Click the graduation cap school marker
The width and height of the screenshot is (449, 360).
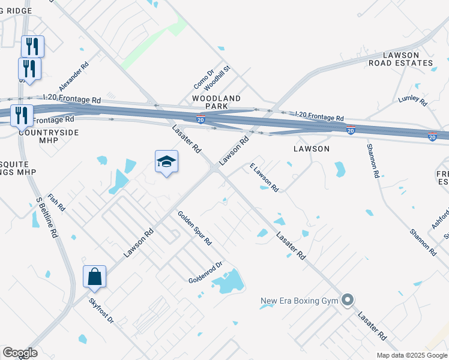pyautogui.click(x=166, y=161)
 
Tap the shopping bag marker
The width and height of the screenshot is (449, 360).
pyautogui.click(x=94, y=277)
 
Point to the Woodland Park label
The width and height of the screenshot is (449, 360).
pyautogui.click(x=216, y=102)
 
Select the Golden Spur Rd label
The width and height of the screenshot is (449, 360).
pyautogui.click(x=194, y=228)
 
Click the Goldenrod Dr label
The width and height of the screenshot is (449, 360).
pyautogui.click(x=205, y=272)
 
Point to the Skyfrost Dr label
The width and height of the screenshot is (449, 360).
pyautogui.click(x=101, y=311)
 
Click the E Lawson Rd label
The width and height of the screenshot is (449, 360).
pyautogui.click(x=264, y=177)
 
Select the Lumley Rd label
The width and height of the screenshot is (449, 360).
pyautogui.click(x=412, y=98)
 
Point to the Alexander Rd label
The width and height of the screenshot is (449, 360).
pyautogui.click(x=74, y=76)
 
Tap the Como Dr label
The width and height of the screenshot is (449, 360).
pyautogui.click(x=203, y=79)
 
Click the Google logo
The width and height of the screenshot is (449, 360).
pyautogui.click(x=19, y=353)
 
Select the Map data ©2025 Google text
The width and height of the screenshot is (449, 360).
pyautogui.click(x=411, y=355)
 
